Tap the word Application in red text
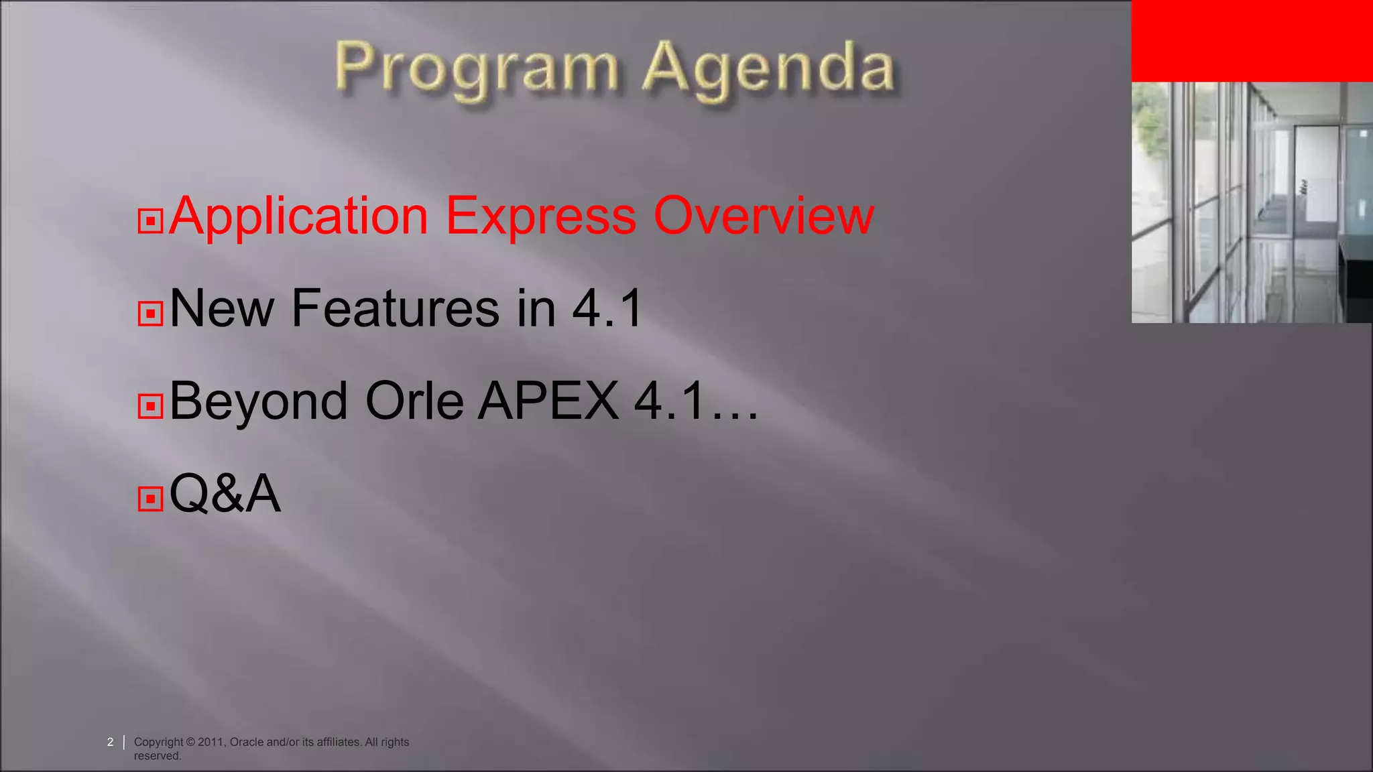299,216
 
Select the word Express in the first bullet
540,216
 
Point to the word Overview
764,216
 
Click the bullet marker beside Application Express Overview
150,220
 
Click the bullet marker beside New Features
150,313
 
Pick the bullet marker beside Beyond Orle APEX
150,405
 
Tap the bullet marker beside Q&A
150,499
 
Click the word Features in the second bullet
396,308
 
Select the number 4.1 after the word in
607,308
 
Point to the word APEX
548,401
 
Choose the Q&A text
225,494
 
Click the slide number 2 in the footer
110,742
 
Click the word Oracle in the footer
246,742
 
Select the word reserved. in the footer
158,756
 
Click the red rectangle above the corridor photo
1252,41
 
